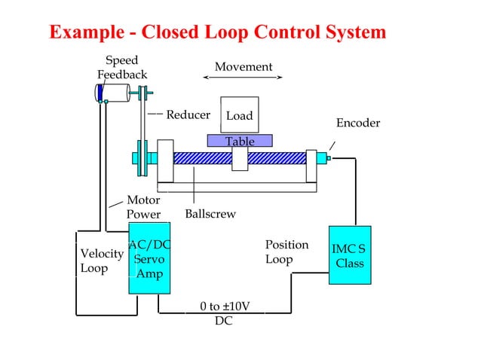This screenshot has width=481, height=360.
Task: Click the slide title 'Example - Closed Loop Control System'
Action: [217, 32]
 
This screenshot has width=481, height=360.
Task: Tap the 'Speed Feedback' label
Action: [121, 67]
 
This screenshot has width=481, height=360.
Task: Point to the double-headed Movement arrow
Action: [243, 78]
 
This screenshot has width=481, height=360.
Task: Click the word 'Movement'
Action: [243, 66]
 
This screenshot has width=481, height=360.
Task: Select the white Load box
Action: [240, 115]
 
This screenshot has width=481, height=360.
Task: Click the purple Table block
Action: [240, 141]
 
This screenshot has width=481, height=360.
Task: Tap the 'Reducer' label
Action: [188, 114]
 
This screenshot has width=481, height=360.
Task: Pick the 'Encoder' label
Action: [358, 123]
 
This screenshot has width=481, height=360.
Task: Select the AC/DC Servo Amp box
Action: [149, 258]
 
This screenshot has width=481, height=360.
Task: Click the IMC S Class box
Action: [350, 255]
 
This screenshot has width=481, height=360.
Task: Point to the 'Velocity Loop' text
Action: [101, 261]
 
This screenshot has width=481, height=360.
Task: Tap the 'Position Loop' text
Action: [286, 252]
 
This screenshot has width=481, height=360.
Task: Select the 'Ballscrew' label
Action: [210, 214]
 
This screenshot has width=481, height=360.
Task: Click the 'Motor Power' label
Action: [143, 207]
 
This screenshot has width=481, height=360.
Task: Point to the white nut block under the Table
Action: [240, 158]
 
